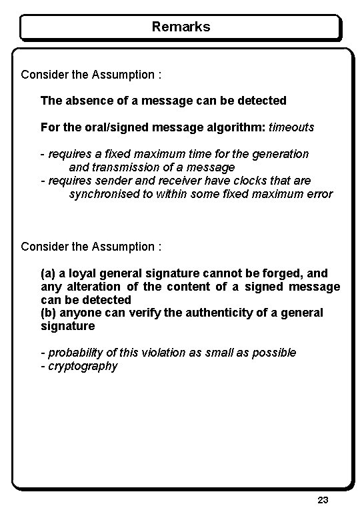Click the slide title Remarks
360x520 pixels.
point(181,27)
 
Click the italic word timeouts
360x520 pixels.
point(291,127)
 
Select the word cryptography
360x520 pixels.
point(83,366)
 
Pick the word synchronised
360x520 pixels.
point(101,194)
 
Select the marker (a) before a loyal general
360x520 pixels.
point(48,274)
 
